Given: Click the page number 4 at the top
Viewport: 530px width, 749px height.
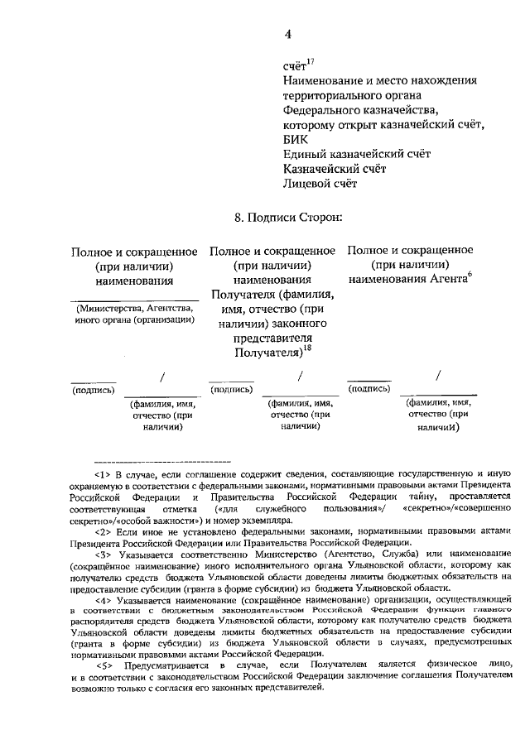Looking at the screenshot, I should point(288,34).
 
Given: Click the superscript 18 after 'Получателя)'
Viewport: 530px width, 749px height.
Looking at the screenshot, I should point(306,348).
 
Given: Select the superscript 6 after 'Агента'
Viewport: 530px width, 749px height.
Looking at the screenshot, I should point(469,276).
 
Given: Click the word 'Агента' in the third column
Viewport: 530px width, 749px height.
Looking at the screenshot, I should point(446,281).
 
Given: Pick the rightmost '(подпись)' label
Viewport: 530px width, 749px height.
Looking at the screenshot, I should point(370,388).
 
